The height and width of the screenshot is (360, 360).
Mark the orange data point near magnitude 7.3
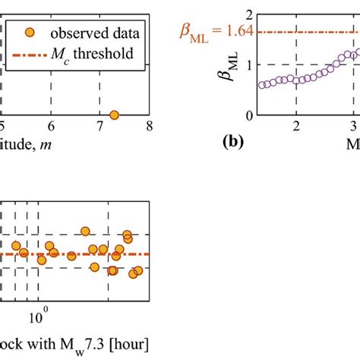tap(114, 115)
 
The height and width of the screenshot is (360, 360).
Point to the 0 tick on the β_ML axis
tap(244, 115)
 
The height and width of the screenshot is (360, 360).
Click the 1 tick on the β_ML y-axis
tap(244, 65)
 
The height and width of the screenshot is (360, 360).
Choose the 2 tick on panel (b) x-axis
tap(296, 126)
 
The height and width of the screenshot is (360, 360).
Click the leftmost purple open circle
tap(262, 85)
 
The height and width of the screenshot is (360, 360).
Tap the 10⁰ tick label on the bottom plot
tap(39, 312)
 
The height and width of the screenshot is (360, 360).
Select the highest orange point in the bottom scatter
tap(85, 231)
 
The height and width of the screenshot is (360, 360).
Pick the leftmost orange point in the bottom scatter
tap(15, 245)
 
